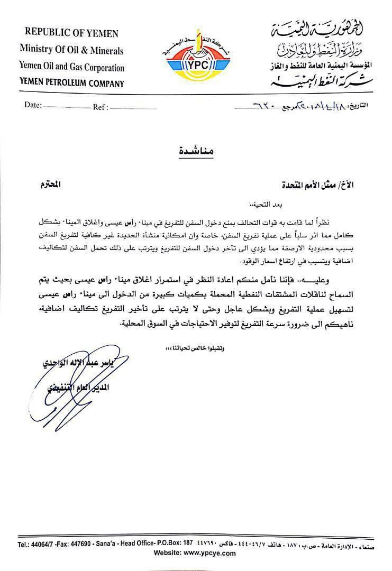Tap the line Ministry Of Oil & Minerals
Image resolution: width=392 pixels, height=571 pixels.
coord(71,50)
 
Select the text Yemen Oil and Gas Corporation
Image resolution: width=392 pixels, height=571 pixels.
coord(72,67)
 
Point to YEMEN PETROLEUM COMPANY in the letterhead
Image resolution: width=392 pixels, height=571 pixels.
coord(71,83)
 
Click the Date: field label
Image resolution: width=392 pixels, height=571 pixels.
coord(33,105)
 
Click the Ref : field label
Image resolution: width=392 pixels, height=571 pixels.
coord(101,107)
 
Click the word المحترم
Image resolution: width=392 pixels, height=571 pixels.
coord(51,185)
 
